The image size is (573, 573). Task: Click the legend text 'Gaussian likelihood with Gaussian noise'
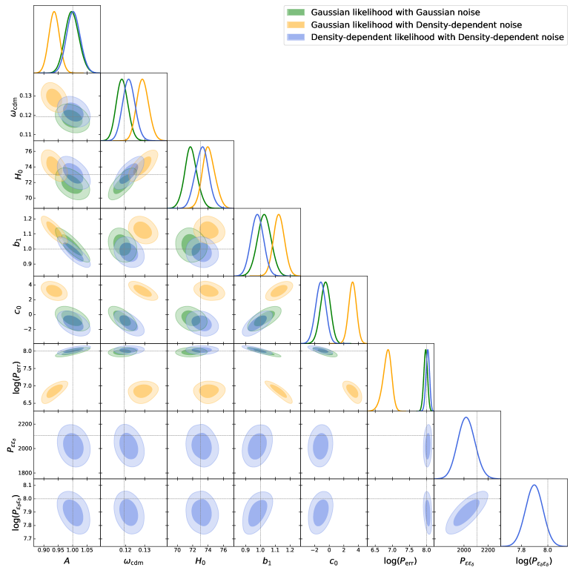click(395, 13)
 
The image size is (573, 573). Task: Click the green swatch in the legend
click(296, 13)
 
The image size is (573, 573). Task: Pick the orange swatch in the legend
click(296, 24)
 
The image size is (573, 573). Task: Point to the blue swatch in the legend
click(296, 37)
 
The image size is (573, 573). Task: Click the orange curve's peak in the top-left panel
click(54, 12)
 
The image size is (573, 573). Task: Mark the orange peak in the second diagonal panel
click(142, 79)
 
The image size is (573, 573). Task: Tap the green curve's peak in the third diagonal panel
click(190, 147)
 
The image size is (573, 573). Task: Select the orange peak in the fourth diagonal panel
click(279, 215)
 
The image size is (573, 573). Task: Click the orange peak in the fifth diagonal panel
click(352, 282)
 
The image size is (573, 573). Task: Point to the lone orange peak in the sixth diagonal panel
click(388, 350)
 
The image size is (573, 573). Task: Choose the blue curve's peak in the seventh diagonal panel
click(466, 417)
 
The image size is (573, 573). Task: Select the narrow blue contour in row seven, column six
click(427, 446)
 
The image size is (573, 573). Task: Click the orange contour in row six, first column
click(54, 391)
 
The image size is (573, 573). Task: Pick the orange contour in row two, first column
click(54, 97)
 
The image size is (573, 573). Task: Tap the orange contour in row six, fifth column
click(352, 391)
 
